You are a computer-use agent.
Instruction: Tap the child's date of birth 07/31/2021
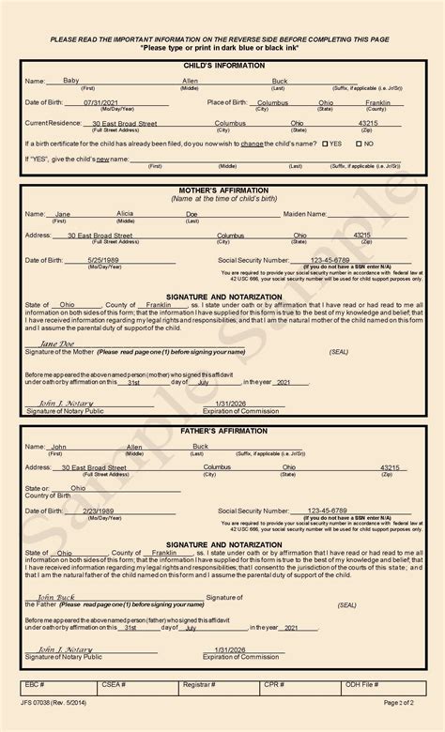[x=103, y=102]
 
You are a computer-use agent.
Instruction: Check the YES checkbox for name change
[x=326, y=144]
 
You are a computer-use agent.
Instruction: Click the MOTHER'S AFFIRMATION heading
[x=222, y=191]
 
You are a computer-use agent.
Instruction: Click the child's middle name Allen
[x=190, y=82]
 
